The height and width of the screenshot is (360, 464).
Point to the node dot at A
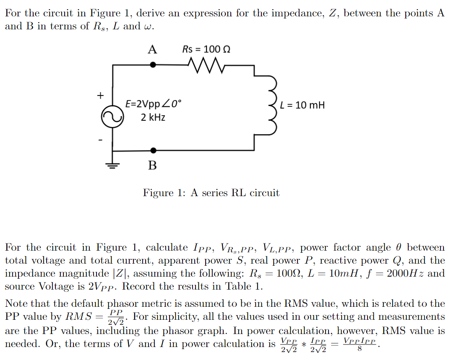click(153, 65)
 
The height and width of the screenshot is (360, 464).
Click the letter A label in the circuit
click(152, 50)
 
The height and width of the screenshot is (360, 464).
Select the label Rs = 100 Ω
click(206, 49)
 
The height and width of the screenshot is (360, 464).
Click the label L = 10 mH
click(302, 105)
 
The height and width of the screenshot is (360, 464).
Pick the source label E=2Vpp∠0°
click(154, 104)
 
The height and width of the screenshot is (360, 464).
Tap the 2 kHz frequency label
click(153, 117)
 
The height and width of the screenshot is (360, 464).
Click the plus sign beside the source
click(100, 96)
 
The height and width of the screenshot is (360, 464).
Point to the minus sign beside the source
click(100, 139)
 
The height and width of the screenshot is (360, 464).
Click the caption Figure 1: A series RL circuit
click(211, 193)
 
